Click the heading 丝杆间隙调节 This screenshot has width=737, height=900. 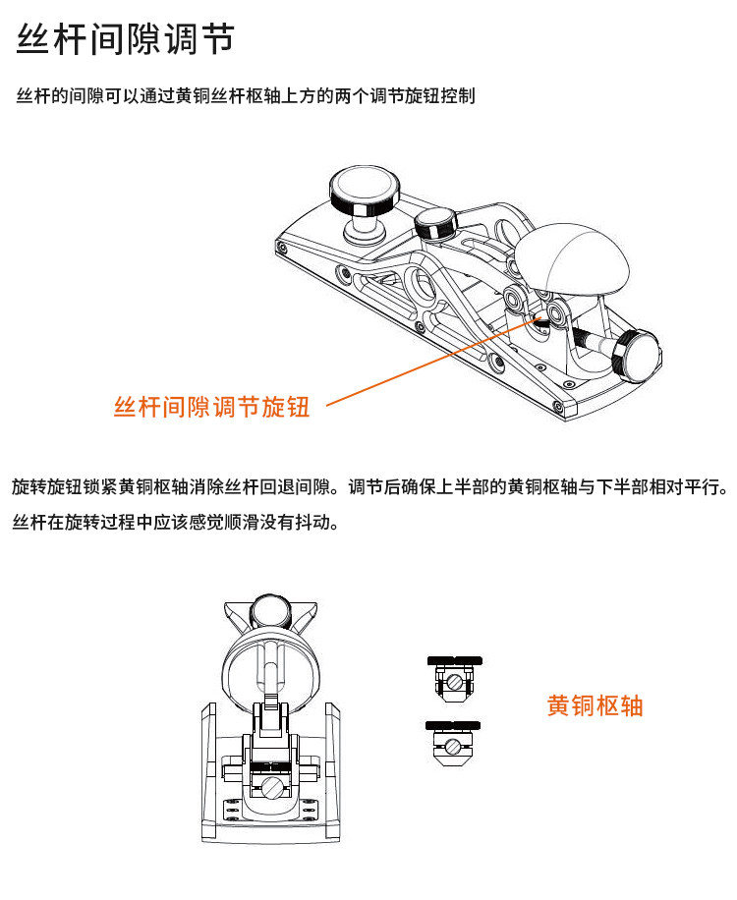tap(125, 39)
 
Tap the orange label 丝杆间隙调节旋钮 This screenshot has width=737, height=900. tap(212, 407)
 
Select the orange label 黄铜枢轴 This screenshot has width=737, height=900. tap(595, 705)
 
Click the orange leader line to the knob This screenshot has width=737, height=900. tap(433, 361)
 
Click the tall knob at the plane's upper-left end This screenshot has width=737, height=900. tap(364, 203)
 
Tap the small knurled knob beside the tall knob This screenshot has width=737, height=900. tap(435, 224)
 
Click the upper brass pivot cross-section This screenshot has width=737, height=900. tap(455, 679)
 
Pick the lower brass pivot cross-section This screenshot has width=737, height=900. tap(453, 744)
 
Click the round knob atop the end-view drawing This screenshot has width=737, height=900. tap(271, 612)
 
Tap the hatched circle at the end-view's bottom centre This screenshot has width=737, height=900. tap(273, 788)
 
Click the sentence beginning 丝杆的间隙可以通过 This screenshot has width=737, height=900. tap(246, 95)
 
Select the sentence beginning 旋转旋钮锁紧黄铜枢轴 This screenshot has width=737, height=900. tap(370, 486)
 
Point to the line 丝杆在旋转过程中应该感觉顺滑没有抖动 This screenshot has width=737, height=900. tap(176, 523)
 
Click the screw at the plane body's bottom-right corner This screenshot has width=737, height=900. tap(557, 407)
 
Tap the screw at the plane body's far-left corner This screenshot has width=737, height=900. tap(281, 248)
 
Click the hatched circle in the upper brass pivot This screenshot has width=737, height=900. tap(455, 682)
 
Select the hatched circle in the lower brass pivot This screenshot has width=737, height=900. tap(453, 747)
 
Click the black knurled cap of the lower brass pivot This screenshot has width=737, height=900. tap(453, 725)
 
